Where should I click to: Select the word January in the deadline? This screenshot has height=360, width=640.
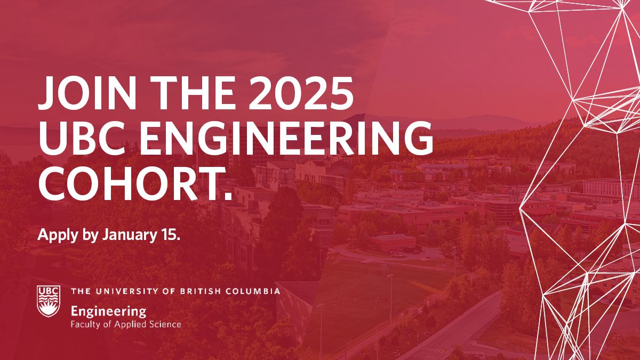(124, 235)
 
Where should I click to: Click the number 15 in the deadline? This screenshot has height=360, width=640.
(167, 235)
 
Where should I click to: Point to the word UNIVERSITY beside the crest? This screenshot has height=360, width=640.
(122, 291)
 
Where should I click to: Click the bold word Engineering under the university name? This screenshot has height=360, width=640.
(108, 311)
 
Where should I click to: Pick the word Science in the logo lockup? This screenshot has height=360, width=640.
(164, 324)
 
